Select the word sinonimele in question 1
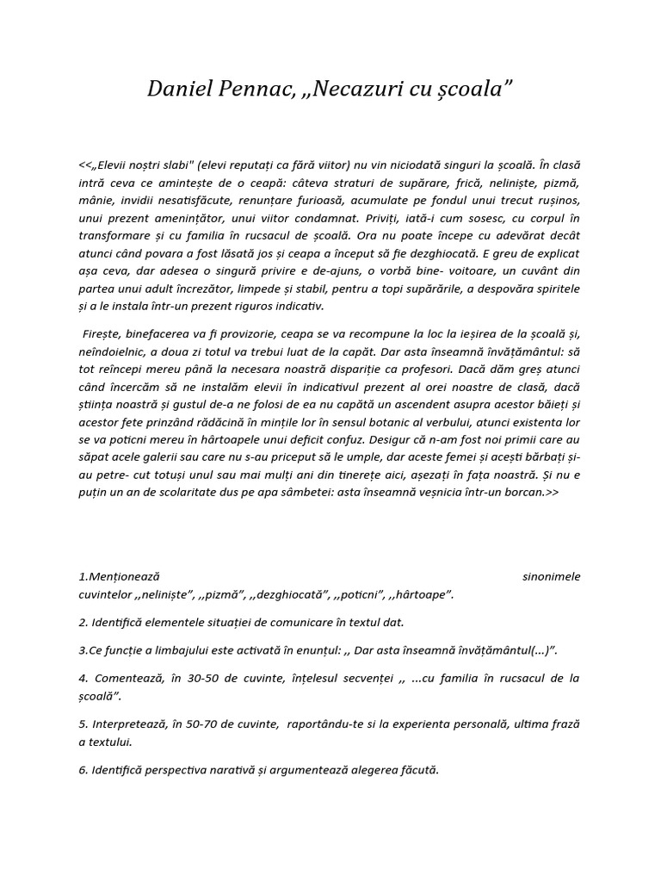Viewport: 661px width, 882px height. pos(551,576)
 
